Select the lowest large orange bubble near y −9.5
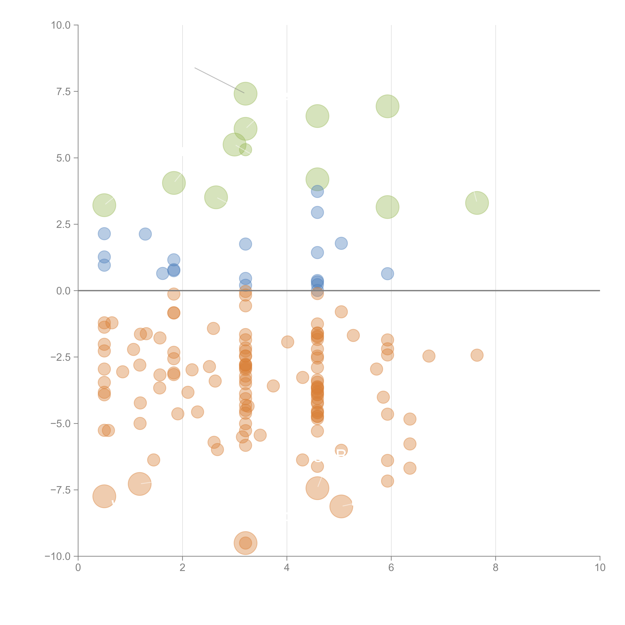[x=245, y=543]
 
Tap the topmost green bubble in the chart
[x=245, y=94]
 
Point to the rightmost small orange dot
[x=477, y=355]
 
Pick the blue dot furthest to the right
[x=387, y=274]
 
